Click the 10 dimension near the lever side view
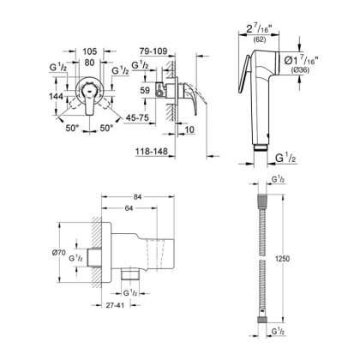(190, 132)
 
